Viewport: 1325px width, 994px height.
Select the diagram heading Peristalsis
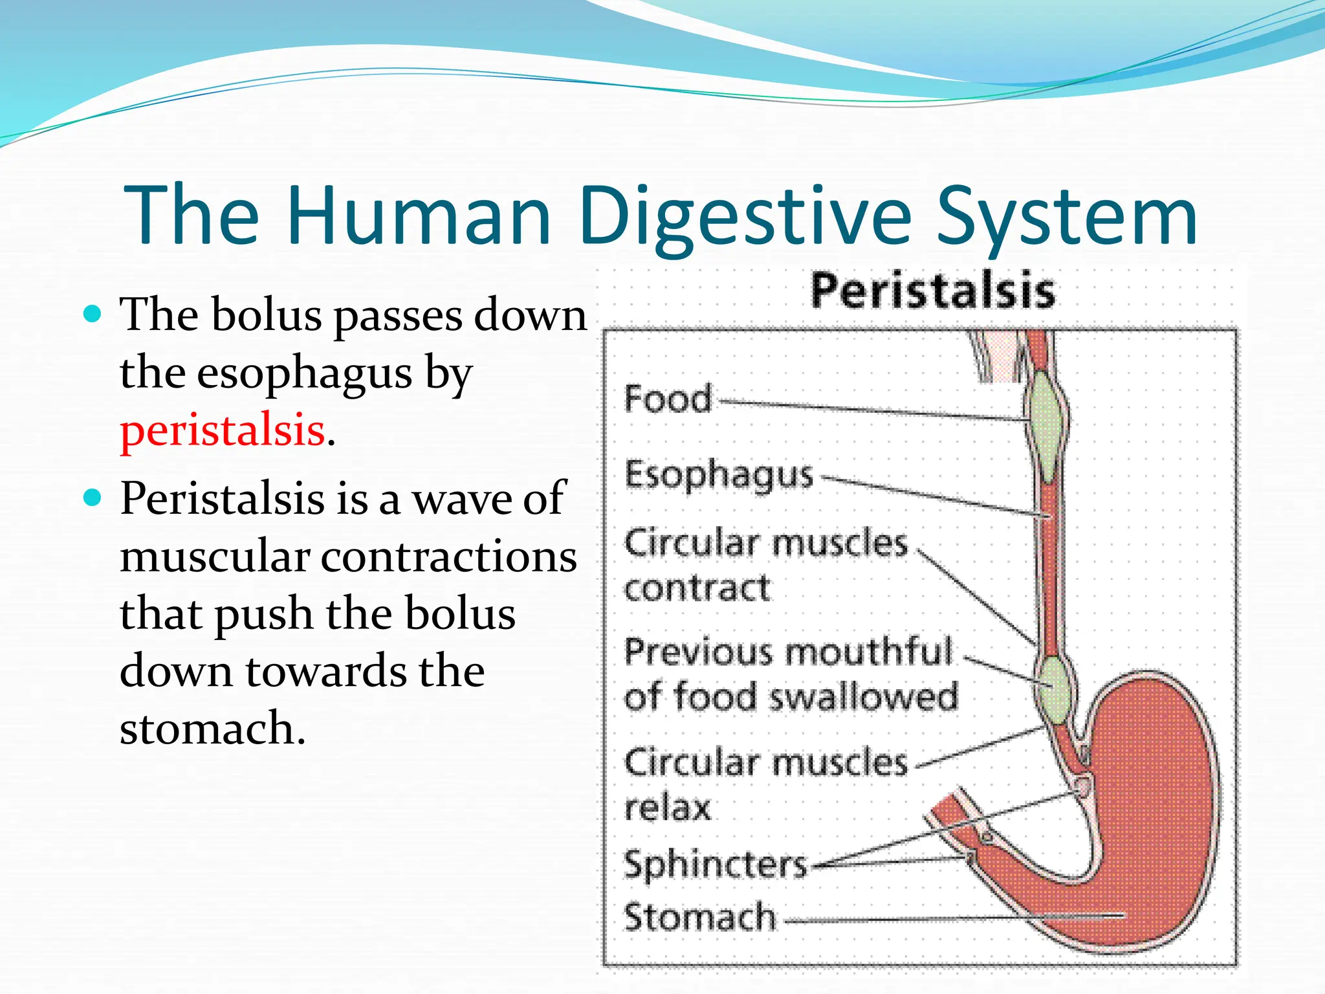tap(932, 291)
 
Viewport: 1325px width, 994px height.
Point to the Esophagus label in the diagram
tap(718, 474)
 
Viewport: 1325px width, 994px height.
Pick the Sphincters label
tap(715, 864)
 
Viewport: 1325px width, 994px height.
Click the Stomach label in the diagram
tap(699, 917)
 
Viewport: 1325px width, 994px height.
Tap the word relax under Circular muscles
tap(667, 807)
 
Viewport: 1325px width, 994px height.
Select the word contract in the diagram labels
tap(697, 588)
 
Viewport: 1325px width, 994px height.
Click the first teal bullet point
tap(93, 315)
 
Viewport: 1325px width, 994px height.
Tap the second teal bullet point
tap(93, 498)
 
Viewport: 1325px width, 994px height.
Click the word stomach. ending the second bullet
tap(212, 728)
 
